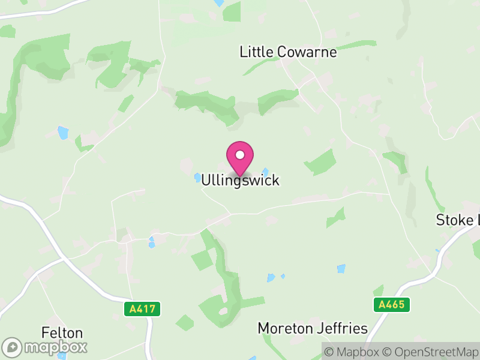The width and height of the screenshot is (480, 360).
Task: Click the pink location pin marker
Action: tap(240, 158)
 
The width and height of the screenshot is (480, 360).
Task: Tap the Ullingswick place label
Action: tap(240, 180)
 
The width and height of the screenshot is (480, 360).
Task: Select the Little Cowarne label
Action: tap(288, 52)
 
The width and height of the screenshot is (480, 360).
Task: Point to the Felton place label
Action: tap(62, 332)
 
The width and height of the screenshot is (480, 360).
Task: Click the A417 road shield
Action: tap(142, 310)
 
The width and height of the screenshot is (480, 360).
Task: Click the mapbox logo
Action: tap(45, 347)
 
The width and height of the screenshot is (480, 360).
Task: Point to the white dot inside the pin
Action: tap(240, 155)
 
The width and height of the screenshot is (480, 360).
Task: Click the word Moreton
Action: tap(286, 328)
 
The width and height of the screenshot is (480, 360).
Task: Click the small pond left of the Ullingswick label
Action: tap(197, 177)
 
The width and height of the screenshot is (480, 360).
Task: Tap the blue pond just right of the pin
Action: tap(265, 172)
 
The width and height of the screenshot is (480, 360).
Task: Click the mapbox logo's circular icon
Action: tap(13, 347)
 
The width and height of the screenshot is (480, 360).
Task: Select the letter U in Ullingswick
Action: tap(206, 180)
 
